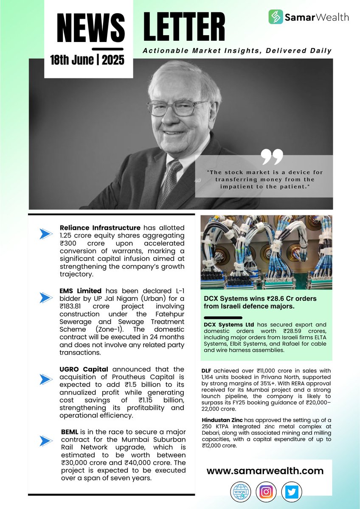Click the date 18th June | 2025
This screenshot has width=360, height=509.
click(87, 59)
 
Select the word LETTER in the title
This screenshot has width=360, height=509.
click(184, 29)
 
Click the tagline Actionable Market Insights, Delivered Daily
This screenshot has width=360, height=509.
click(237, 51)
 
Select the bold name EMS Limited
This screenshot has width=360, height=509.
click(81, 291)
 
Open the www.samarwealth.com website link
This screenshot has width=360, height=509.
click(265, 471)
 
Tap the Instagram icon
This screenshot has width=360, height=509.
click(266, 492)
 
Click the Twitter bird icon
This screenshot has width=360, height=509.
click(291, 492)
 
